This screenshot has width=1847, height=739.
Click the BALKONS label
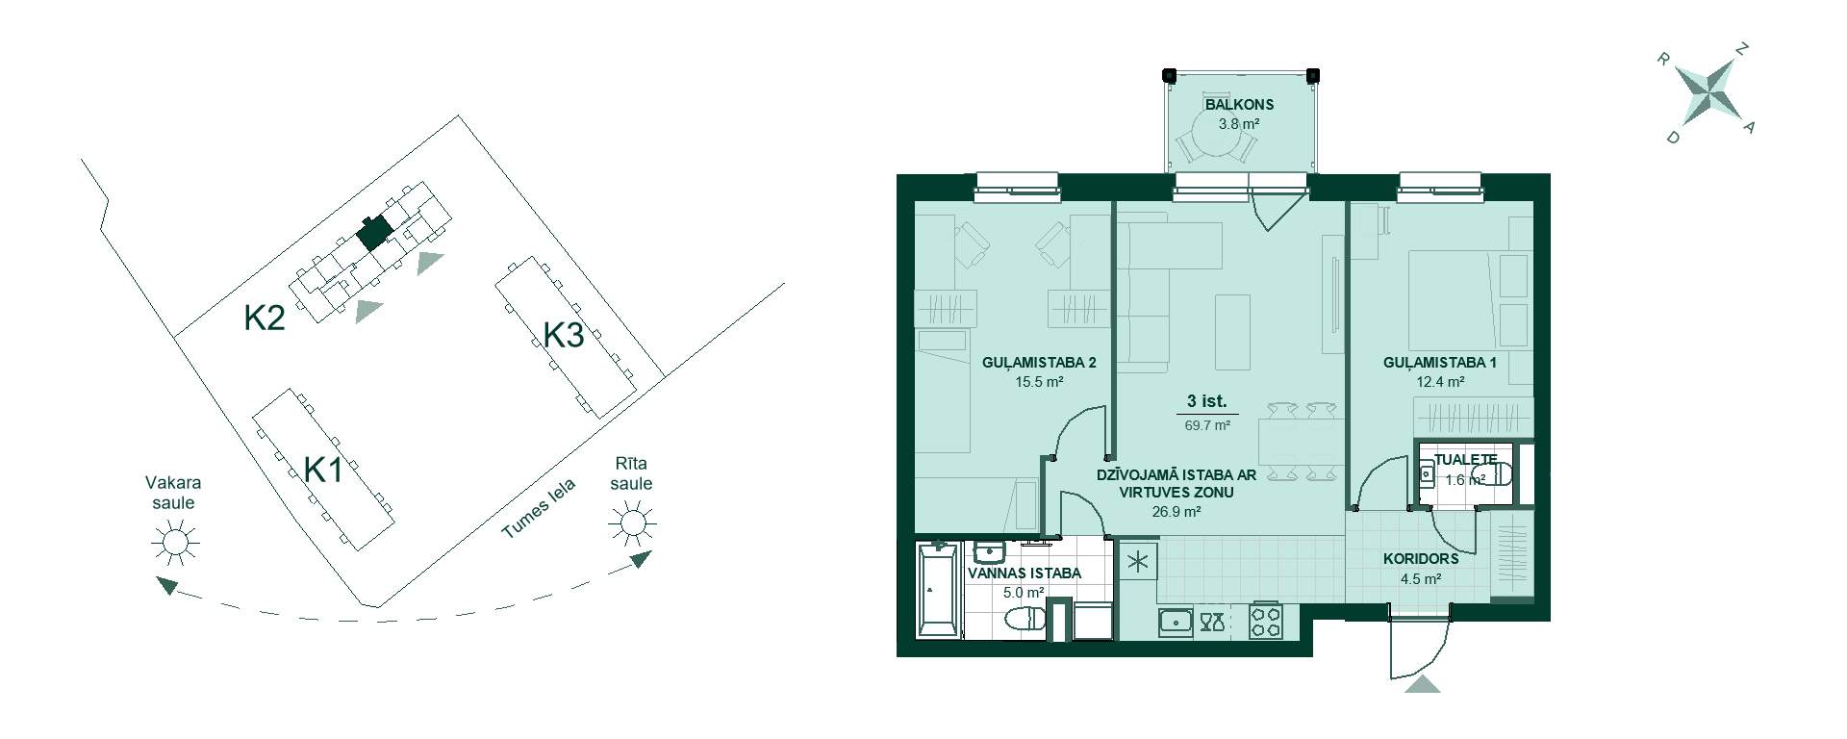click(x=1239, y=105)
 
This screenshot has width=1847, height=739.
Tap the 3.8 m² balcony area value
click(x=1239, y=124)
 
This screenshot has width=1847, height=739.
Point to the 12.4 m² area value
click(x=1440, y=382)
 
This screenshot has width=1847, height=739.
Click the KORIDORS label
click(x=1421, y=558)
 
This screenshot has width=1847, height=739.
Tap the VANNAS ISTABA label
click(x=1025, y=573)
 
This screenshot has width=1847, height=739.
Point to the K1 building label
click(x=324, y=471)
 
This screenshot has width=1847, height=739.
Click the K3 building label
click(x=564, y=336)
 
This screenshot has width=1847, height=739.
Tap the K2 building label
click(x=265, y=318)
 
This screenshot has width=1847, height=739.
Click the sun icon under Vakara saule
click(x=175, y=543)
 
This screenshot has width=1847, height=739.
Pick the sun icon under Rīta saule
click(x=632, y=523)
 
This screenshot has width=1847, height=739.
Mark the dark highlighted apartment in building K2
click(x=373, y=232)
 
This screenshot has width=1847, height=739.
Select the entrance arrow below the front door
click(x=1423, y=684)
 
